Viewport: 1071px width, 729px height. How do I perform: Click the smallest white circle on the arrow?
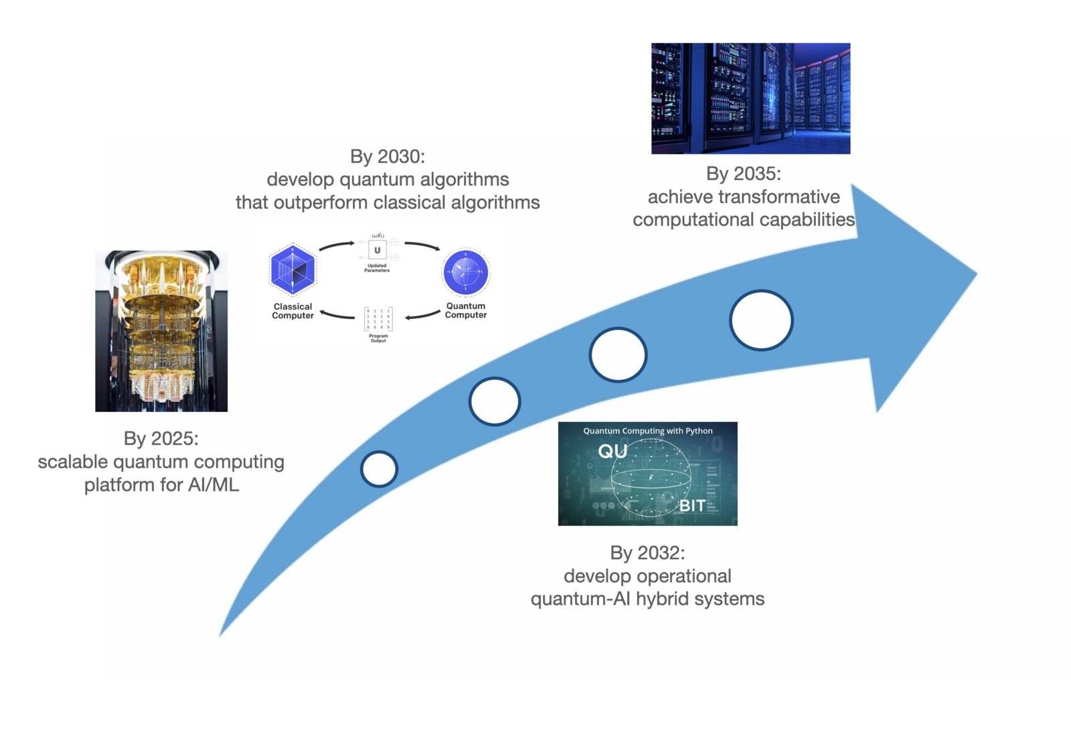[379, 469]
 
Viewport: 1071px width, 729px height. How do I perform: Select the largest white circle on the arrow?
[761, 320]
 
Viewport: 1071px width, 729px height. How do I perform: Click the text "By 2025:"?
[161, 439]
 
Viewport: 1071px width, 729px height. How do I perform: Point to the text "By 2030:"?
[387, 157]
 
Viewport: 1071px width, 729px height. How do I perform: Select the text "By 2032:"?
[647, 553]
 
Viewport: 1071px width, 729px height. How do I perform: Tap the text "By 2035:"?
[743, 174]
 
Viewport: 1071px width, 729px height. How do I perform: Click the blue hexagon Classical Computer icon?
[293, 270]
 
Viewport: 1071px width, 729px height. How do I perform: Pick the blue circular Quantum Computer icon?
[466, 272]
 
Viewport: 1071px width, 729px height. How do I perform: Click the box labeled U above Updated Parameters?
[377, 250]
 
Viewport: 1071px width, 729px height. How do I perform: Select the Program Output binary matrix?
[378, 319]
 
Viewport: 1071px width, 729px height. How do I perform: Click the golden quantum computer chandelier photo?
[161, 331]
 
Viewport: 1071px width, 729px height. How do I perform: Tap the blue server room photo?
[750, 98]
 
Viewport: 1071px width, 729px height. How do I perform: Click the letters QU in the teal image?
[612, 451]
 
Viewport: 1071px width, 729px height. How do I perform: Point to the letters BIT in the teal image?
[692, 506]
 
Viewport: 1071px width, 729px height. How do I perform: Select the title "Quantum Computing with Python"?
[647, 431]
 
